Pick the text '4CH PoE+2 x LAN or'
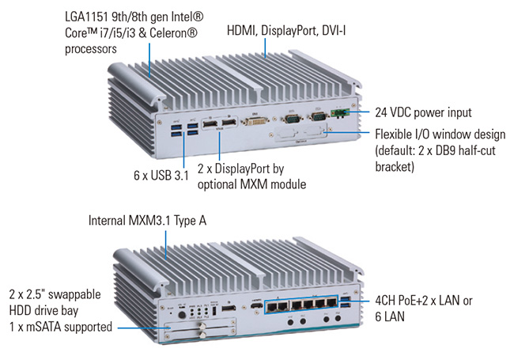[428, 301]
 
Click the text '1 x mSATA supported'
[60, 326]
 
